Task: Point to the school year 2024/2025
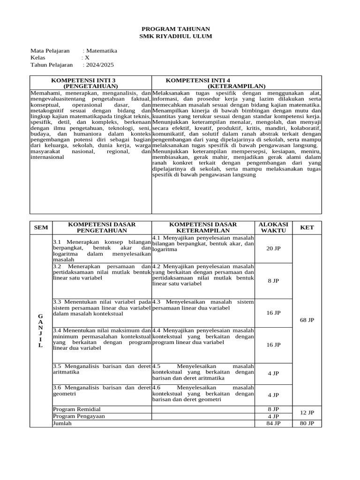[99, 65]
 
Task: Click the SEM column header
[40, 227]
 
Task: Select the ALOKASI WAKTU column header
[273, 227]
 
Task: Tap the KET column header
[307, 227]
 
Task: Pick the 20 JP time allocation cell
[273, 248]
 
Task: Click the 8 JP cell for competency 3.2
[273, 280]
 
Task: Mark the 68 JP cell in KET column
[307, 320]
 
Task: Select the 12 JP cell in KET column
[307, 412]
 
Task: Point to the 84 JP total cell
[273, 423]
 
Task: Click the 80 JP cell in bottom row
[307, 423]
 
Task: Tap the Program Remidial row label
[77, 409]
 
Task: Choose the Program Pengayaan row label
[79, 416]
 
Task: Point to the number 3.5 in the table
[57, 366]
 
